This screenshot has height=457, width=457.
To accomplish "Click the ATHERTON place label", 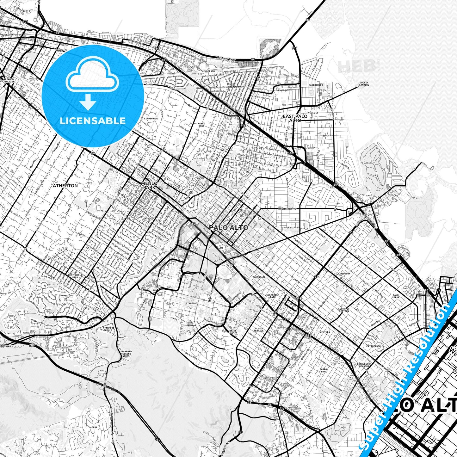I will point(65,186).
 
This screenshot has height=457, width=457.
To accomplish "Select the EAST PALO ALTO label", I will point(295,118).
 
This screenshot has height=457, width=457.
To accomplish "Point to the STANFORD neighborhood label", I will point(192,303).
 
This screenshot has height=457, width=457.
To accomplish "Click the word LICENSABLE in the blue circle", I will point(93,121).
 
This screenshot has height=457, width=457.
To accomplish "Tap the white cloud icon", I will point(92,74).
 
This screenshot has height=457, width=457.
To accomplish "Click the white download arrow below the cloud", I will point(88,102).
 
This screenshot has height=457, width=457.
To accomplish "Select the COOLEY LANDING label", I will point(364,84).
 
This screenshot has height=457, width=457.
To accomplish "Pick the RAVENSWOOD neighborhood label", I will point(316,85).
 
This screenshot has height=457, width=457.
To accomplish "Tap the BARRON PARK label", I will point(324,370).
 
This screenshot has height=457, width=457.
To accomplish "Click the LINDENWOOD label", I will point(151,119).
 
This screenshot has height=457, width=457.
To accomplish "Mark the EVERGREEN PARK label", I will point(273,296).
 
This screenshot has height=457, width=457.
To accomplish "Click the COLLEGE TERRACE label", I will point(258,330).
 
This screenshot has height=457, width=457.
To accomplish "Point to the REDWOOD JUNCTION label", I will point(9,80).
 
